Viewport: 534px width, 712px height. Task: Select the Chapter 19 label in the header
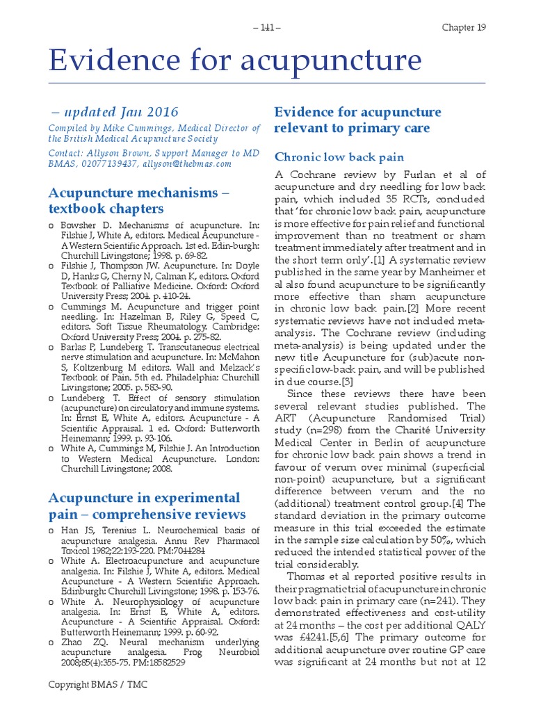pyautogui.click(x=464, y=27)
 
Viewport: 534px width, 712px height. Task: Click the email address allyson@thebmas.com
pyautogui.click(x=187, y=163)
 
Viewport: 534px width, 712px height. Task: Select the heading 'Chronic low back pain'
pyautogui.click(x=339, y=157)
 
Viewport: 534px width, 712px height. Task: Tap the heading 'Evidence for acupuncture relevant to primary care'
pyautogui.click(x=357, y=120)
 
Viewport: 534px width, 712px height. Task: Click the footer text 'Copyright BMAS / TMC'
pyautogui.click(x=97, y=685)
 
